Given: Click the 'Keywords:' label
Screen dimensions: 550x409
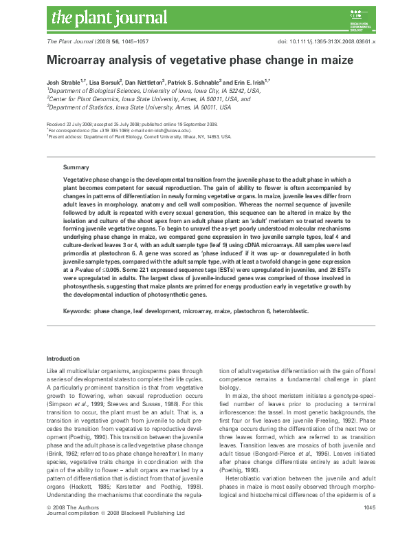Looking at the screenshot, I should (x=77, y=312).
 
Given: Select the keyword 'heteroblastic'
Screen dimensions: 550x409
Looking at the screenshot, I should (x=288, y=312).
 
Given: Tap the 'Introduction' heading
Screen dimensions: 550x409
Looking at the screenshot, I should (x=63, y=359).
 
